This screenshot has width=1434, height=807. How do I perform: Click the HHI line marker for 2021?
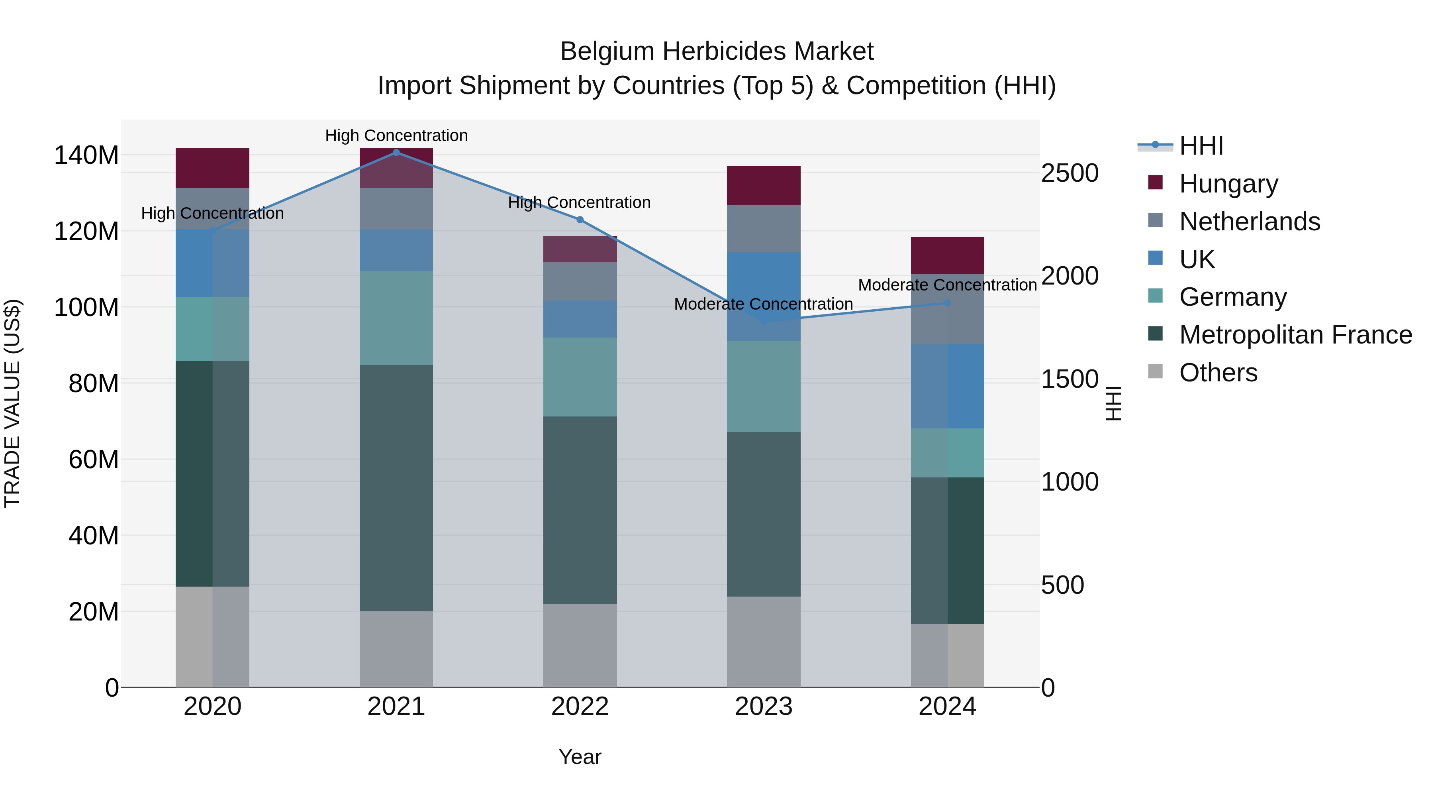396,152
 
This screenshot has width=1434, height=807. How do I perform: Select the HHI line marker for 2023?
764,322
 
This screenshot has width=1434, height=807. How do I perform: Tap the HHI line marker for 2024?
948,303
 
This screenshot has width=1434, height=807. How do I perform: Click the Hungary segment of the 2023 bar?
764,185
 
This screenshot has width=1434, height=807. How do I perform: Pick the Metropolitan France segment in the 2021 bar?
396,488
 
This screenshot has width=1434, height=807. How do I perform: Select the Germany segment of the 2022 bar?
580,377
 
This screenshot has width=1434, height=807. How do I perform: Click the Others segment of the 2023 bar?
764,642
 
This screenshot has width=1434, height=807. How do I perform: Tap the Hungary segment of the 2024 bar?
948,255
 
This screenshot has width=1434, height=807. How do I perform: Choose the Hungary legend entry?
1228,184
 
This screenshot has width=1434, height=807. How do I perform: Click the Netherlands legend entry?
1249,222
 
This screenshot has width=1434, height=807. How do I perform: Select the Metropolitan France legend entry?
1295,335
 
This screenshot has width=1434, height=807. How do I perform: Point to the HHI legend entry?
1201,146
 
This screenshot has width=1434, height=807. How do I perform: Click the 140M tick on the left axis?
86,155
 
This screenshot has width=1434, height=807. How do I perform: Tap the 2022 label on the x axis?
580,707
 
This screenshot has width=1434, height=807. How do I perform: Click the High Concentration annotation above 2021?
396,135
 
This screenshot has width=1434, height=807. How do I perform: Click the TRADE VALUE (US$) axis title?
12,403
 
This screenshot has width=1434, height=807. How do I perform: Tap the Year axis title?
580,757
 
